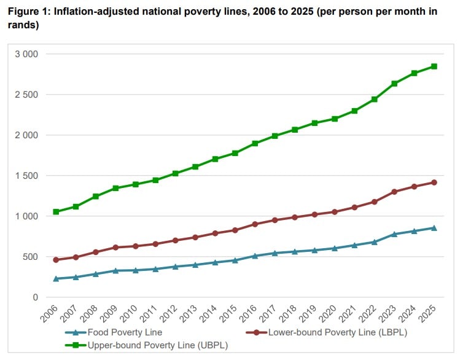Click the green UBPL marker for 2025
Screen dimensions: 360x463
pos(434,66)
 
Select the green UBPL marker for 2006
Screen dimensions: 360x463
pos(56,212)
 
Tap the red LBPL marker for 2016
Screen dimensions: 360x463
pos(255,224)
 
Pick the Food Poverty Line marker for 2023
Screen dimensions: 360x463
pos(394,234)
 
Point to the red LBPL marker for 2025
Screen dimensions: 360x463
pos(434,182)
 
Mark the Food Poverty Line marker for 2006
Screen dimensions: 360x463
pos(56,279)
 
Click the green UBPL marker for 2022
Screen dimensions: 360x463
pos(374,100)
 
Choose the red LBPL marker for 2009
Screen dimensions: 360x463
pos(115,248)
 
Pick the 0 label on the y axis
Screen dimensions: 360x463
pos(35,297)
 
